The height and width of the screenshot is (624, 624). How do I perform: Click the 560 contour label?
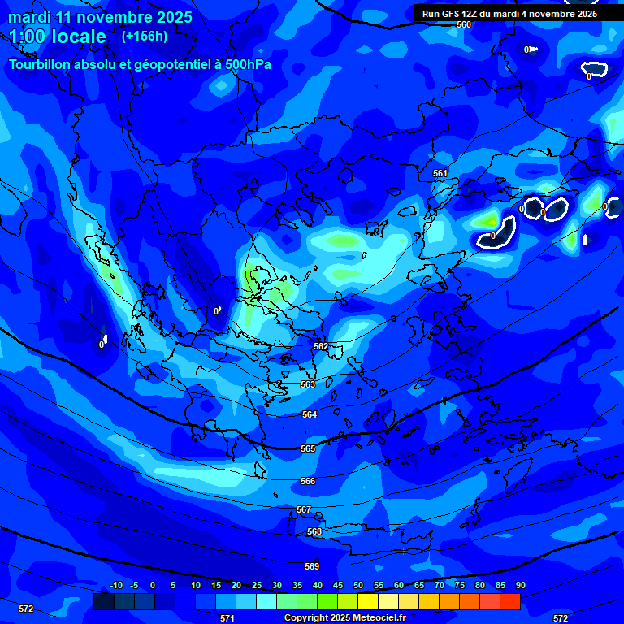point(463,24)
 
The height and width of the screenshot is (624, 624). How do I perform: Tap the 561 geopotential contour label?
point(440,173)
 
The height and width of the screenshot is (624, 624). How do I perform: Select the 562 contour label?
point(321,346)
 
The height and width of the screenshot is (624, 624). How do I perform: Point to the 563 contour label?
point(308,384)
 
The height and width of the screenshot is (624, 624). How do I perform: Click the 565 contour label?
point(308,448)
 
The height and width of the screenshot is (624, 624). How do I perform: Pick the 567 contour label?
point(304,509)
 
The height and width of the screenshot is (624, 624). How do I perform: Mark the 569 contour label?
point(312,566)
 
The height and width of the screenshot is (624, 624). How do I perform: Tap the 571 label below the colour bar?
point(227,618)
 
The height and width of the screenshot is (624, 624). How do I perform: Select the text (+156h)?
point(145,37)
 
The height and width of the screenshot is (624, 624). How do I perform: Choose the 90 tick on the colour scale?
point(520,586)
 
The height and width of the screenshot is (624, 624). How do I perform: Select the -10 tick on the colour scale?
point(115,586)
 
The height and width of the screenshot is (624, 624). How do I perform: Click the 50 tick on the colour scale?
point(357,586)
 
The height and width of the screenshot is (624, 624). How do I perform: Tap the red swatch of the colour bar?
point(509,601)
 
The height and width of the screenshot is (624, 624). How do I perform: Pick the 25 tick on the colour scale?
point(256,586)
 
